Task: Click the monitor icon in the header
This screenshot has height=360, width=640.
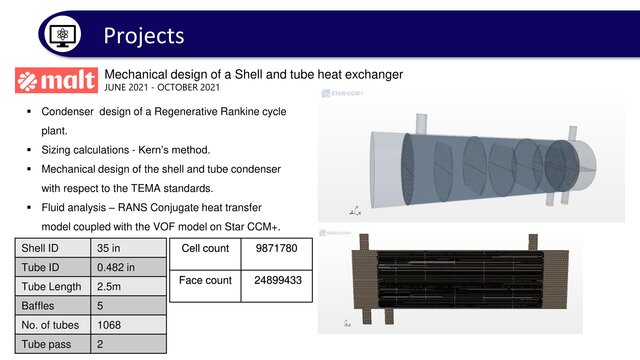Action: click(x=62, y=35)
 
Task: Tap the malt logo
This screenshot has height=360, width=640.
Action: click(x=56, y=80)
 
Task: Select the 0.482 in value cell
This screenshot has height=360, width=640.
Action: click(x=116, y=267)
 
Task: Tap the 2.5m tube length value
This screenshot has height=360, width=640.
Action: click(x=109, y=287)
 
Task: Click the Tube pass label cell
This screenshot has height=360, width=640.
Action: click(x=46, y=345)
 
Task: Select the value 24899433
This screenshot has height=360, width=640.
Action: click(x=276, y=281)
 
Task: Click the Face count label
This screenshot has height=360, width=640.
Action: click(x=205, y=281)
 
